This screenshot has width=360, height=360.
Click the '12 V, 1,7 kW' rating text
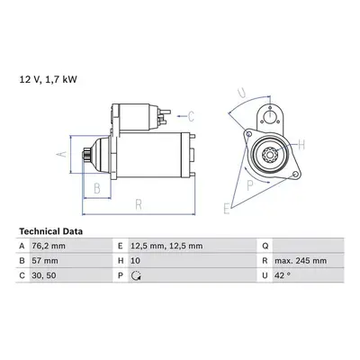coord(48,79)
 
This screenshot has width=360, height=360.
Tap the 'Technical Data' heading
coord(51,231)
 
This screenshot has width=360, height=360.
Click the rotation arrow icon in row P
coord(137,275)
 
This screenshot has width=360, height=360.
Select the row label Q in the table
coord(265,246)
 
